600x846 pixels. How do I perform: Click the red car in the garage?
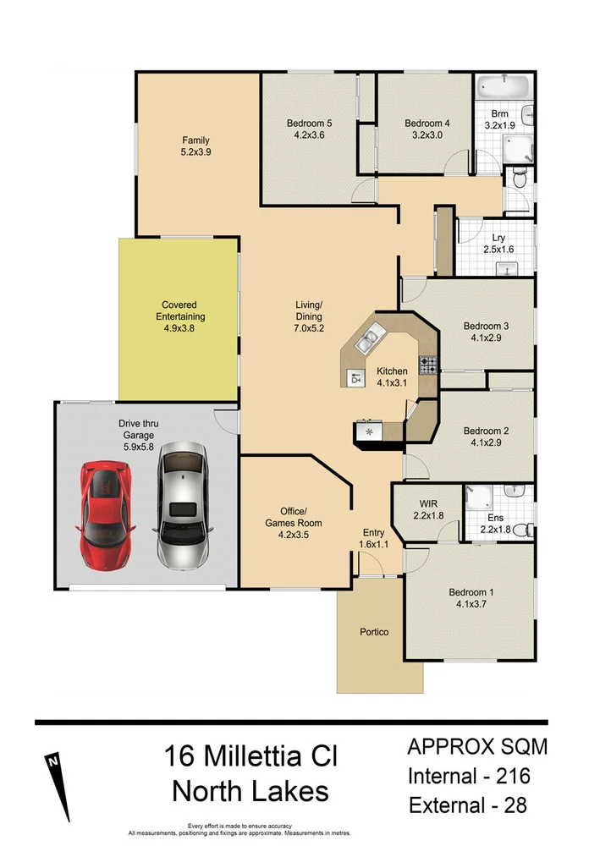106,514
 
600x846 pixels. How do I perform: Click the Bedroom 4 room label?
427,123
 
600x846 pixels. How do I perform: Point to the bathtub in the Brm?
503,87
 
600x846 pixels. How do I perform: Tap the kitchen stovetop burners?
429,365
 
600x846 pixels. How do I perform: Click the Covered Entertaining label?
180,310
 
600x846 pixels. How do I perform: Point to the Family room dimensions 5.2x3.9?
195,152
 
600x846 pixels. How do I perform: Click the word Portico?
374,632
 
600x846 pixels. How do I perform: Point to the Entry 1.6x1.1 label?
374,539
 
